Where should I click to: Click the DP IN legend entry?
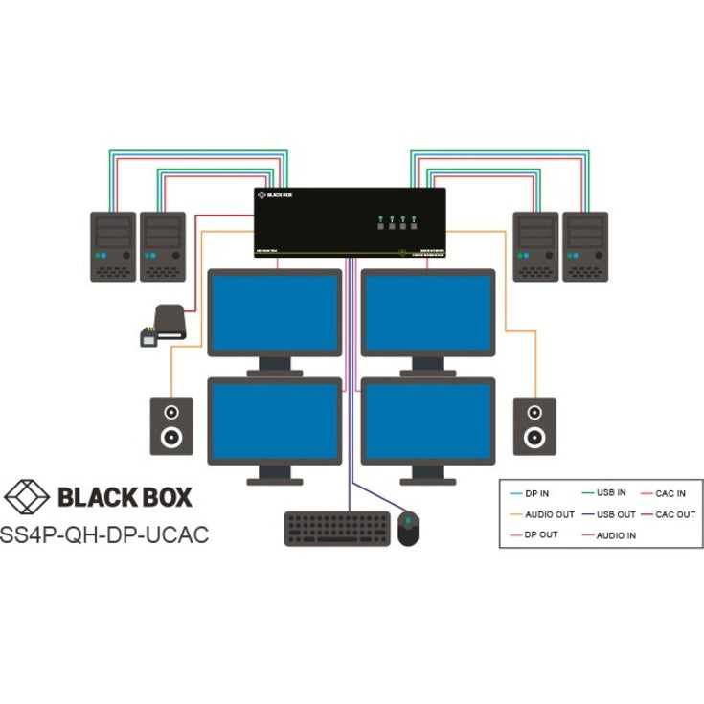coord(536,492)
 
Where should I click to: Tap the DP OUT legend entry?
coord(539,534)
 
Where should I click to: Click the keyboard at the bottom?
coord(336,529)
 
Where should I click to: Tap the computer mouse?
coord(408,529)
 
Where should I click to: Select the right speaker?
coord(533,424)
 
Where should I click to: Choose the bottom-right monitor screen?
coord(428,422)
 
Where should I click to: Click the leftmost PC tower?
coord(112,246)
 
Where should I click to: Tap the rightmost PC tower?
coord(585,246)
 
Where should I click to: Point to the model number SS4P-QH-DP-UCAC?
coord(106,534)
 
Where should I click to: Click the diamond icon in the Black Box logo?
coord(28,497)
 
